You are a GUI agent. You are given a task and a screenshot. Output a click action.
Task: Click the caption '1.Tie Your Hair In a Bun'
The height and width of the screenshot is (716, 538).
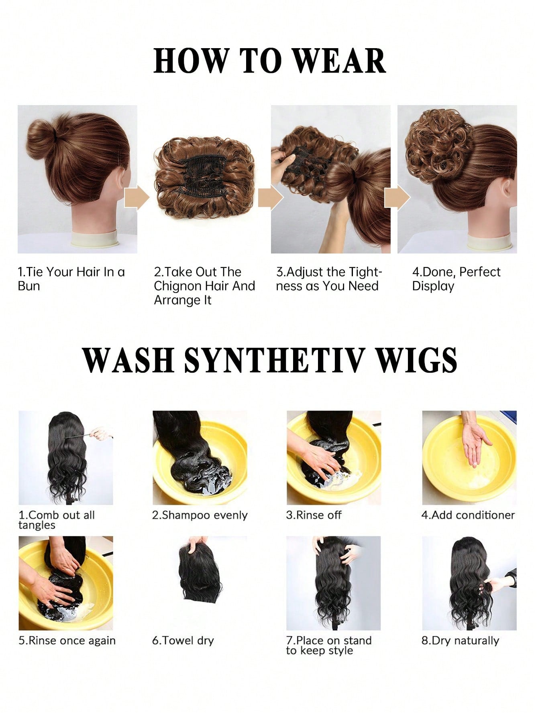click(71, 279)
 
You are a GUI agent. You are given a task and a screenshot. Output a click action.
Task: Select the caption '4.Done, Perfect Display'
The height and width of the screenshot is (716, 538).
click(456, 279)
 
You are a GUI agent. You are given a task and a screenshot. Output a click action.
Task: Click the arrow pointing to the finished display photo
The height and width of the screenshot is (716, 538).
click(397, 198)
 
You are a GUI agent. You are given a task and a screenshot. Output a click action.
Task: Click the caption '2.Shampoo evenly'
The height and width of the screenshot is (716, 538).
click(200, 515)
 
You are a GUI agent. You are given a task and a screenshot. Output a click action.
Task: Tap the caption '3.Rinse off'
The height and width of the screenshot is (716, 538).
click(314, 515)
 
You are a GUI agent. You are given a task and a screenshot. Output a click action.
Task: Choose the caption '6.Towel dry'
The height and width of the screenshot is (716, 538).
click(183, 641)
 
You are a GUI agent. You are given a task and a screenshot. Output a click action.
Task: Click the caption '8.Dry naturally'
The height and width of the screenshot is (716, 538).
click(460, 641)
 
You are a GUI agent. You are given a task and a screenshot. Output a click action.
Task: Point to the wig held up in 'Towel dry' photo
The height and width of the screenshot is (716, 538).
click(199, 574)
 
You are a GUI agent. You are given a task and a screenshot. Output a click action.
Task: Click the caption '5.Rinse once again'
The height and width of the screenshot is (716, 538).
click(67, 641)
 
